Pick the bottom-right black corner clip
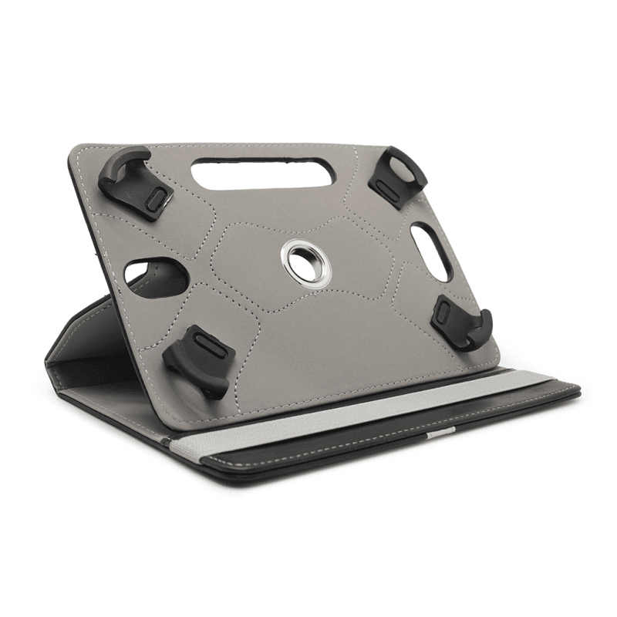click(x=461, y=319)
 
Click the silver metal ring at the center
click(x=306, y=261)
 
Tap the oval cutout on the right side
click(x=432, y=251)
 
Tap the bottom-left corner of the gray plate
click(x=193, y=423)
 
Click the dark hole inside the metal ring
click(x=306, y=260)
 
